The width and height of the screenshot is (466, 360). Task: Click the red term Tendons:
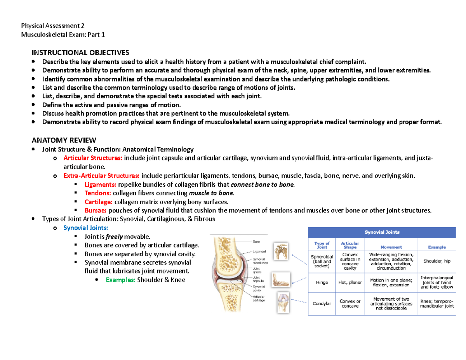point(98,193)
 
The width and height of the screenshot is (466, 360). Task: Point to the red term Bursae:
point(96,210)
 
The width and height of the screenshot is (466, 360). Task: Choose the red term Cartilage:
point(99,202)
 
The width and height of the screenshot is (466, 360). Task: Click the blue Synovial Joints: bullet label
point(86,228)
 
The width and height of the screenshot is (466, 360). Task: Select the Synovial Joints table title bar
point(381,233)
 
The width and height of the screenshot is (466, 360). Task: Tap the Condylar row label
point(322,304)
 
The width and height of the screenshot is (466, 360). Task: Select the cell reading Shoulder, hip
point(437,261)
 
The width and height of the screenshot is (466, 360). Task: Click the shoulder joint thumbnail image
point(281,251)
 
